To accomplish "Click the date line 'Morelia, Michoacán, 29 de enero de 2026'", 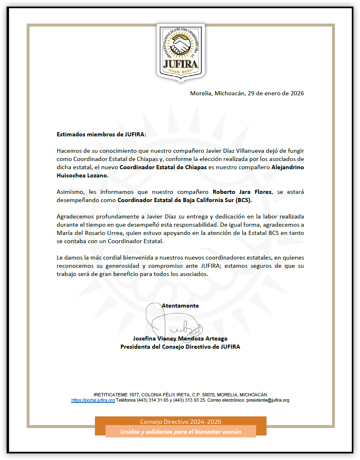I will tap(247, 93).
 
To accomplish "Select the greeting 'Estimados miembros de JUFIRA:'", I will tap(101, 134).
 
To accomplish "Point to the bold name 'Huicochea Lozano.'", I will tap(83, 175).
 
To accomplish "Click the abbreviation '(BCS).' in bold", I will tap(243, 200).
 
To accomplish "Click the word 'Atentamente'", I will tap(180, 306).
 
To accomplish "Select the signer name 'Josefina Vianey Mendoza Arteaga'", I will tap(180, 338).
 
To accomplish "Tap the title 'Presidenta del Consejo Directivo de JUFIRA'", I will tap(180, 347).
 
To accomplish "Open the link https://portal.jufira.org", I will tap(93, 400).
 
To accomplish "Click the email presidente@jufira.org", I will tap(268, 400).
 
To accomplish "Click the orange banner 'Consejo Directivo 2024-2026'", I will tap(181, 422).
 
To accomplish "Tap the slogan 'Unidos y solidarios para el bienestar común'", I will tap(181, 432).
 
